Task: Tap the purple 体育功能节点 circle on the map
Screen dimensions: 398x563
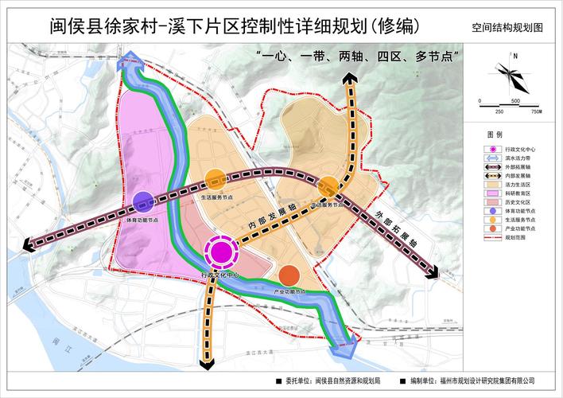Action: coord(143,202)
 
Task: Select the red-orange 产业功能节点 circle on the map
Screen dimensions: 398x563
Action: coord(289,275)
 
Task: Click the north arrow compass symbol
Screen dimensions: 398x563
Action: coord(509,71)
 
